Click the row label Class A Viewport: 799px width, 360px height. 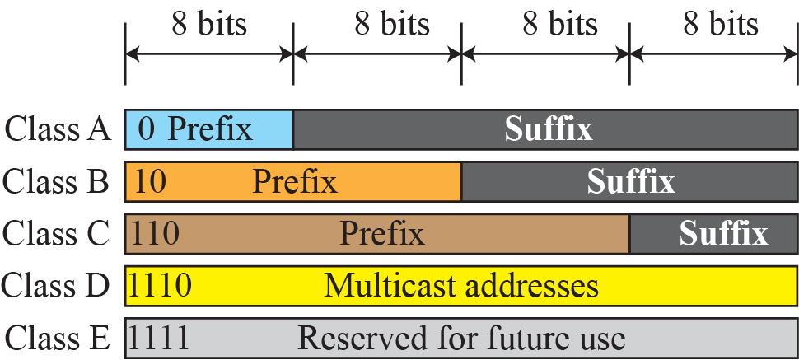(57, 129)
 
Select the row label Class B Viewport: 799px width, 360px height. (55, 181)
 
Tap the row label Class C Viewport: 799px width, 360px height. (55, 234)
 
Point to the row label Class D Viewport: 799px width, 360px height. (55, 286)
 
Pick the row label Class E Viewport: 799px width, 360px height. (57, 338)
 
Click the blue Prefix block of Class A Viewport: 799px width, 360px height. (209, 129)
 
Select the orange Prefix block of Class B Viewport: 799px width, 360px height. (293, 181)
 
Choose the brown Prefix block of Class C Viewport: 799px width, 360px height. (377, 234)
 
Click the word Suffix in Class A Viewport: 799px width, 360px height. (549, 129)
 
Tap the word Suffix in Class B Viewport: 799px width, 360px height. (631, 181)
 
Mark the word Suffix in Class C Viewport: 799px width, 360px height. (723, 234)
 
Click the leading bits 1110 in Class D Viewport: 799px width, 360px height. (161, 286)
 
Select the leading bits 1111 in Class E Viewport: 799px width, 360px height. (159, 338)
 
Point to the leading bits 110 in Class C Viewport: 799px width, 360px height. (155, 233)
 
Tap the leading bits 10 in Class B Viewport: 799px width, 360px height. (150, 181)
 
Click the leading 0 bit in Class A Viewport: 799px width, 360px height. (147, 129)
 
